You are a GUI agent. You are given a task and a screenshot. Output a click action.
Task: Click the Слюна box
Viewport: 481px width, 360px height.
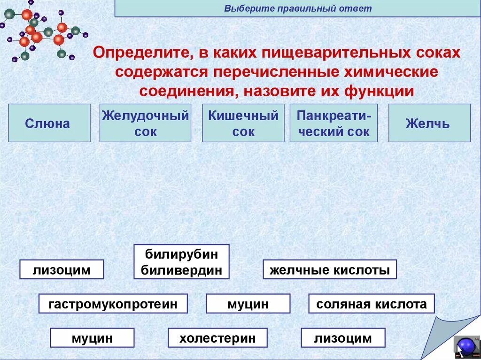[x=49, y=123]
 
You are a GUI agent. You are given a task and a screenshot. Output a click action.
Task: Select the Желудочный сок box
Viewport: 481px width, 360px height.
[x=146, y=123]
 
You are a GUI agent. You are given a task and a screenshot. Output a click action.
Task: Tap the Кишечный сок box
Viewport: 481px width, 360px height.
[x=243, y=123]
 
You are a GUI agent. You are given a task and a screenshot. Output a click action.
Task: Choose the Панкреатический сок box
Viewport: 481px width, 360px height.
[x=334, y=123]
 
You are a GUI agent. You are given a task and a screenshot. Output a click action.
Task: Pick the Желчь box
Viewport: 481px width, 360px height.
[x=429, y=123]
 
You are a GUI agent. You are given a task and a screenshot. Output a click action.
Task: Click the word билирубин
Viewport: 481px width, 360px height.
[x=181, y=254]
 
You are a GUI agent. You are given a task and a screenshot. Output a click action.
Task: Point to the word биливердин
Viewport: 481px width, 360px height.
[x=181, y=270]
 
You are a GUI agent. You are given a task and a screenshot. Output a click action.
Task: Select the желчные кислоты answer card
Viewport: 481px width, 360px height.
[x=329, y=270]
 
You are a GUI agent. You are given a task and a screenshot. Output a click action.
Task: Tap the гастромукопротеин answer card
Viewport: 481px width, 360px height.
[x=113, y=304]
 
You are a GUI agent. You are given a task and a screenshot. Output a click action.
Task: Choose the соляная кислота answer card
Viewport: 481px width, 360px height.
[x=372, y=304]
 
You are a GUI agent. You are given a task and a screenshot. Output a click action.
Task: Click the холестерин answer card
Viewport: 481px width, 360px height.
[x=217, y=338]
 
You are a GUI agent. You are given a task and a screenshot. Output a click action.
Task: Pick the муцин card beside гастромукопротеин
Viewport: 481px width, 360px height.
[x=248, y=304]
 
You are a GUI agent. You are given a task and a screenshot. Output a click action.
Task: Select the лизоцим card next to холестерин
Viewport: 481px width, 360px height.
[x=343, y=338]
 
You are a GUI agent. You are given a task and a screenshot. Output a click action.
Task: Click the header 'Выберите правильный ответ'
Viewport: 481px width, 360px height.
[x=298, y=8]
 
